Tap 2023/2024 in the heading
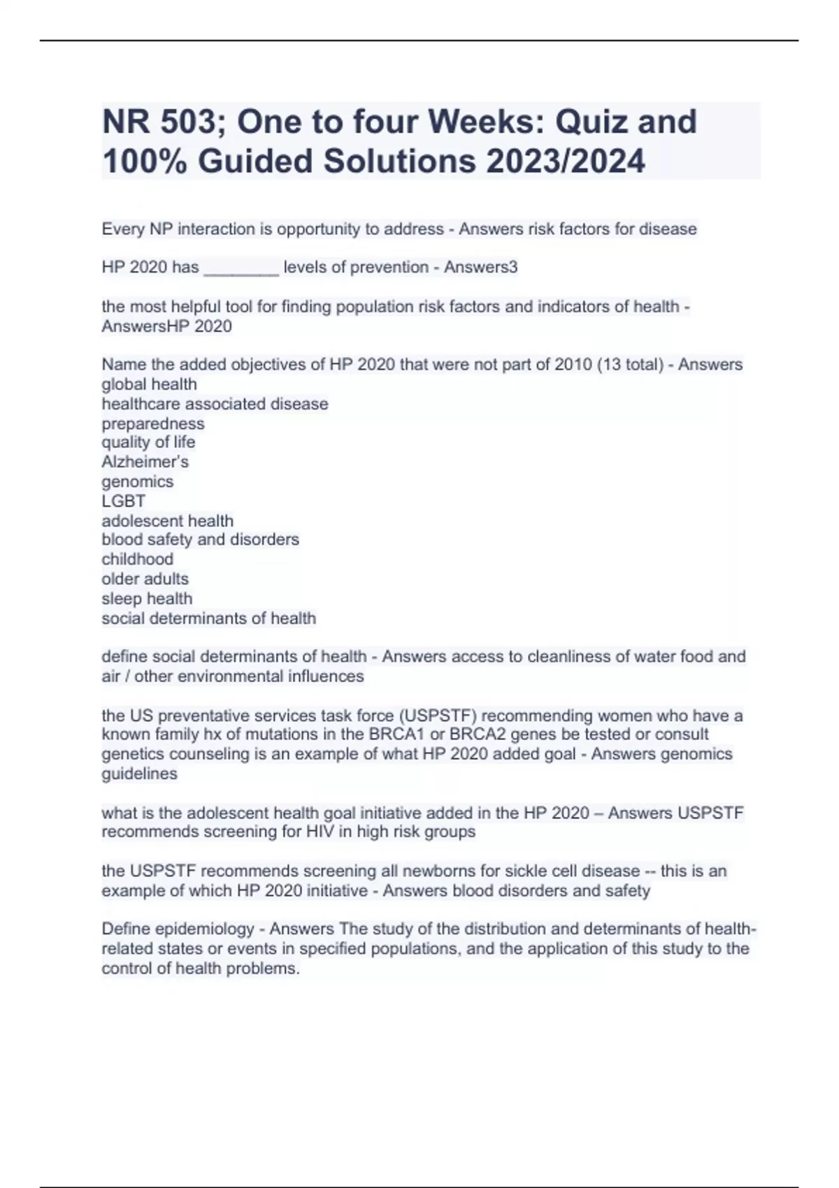click(566, 161)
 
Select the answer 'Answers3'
click(481, 267)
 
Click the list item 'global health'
click(149, 384)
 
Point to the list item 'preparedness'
click(153, 423)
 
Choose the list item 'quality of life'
click(148, 442)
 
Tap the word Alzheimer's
click(145, 462)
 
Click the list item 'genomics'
click(137, 481)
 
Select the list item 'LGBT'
click(124, 501)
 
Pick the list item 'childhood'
click(137, 559)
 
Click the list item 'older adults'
click(145, 579)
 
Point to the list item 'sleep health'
click(147, 598)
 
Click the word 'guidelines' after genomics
click(139, 774)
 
